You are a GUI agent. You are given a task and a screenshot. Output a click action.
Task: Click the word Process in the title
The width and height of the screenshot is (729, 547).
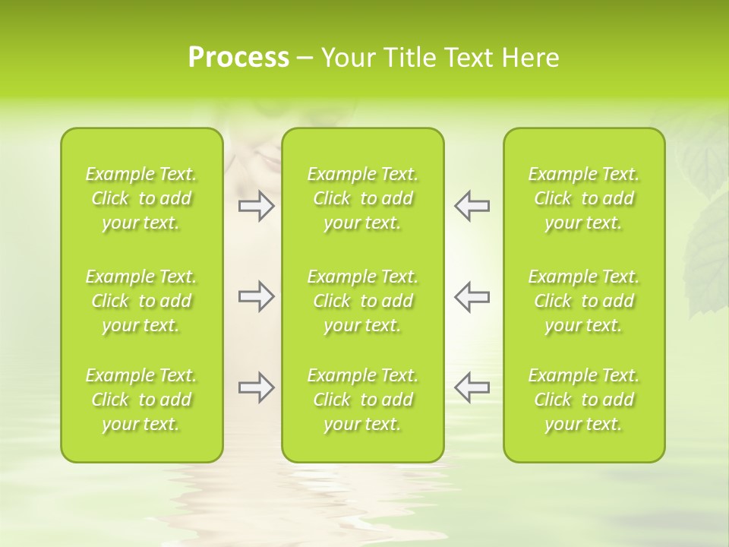pos(238,58)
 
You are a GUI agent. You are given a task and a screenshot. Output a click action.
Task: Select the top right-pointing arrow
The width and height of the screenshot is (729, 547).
pos(256,206)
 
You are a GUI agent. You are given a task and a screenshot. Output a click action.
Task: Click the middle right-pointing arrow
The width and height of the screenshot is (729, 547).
pos(256,296)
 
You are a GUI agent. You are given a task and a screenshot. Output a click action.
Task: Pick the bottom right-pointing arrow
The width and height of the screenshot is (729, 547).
pos(256,387)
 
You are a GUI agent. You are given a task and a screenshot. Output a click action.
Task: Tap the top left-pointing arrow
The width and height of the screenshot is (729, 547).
pos(472,206)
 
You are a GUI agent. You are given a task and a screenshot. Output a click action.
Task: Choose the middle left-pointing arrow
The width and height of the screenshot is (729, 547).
pos(472,296)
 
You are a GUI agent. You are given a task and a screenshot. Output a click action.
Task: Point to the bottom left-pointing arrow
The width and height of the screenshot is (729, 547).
pos(472,387)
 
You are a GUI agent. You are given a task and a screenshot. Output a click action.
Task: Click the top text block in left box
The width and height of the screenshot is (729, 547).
pos(141,198)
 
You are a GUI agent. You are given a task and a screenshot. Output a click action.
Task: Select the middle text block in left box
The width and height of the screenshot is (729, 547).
pos(141,301)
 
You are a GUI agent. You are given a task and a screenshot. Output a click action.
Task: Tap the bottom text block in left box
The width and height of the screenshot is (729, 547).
pos(141,400)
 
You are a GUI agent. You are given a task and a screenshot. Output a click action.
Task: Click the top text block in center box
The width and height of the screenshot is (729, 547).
pos(362,198)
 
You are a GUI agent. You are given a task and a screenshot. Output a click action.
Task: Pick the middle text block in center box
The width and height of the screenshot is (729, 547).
pos(362,301)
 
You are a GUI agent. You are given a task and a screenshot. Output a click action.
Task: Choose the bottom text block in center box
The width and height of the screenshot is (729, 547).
pos(362,400)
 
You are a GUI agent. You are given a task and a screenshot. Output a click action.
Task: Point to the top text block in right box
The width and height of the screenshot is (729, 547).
pos(584,198)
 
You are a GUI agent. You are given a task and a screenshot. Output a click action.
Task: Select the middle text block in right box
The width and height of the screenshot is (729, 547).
pos(584,301)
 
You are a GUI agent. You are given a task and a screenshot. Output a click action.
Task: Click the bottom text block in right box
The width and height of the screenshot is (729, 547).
pos(584,400)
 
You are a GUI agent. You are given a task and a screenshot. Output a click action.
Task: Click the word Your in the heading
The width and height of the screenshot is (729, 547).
pos(347,58)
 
